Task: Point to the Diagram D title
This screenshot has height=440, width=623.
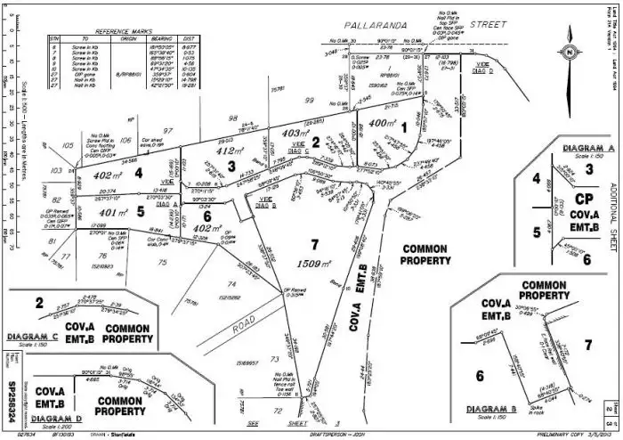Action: pyautogui.click(x=32, y=417)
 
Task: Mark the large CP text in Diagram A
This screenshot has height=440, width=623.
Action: pyautogui.click(x=583, y=198)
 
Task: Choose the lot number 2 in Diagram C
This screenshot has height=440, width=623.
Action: pyautogui.click(x=39, y=303)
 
